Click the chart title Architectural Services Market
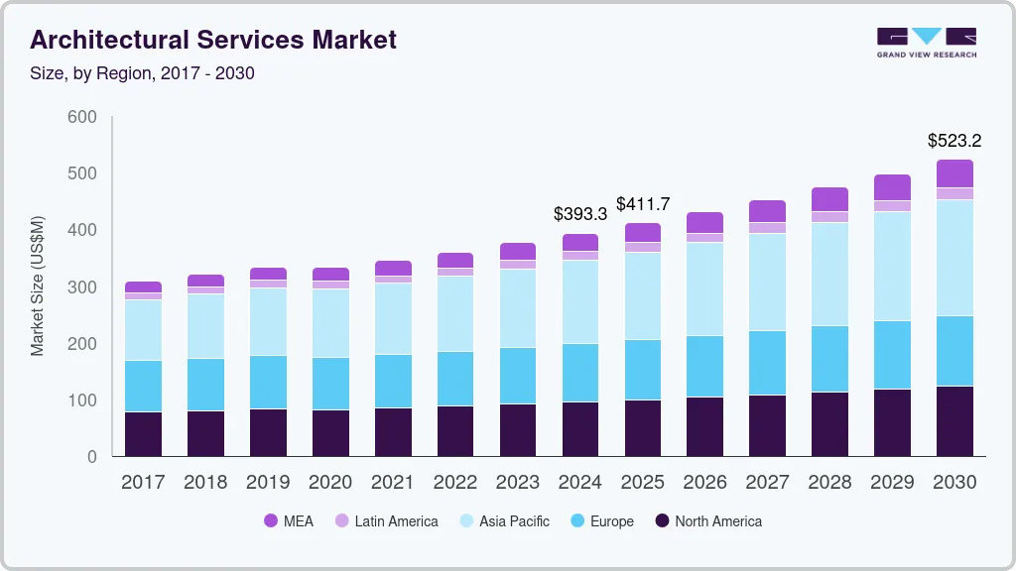point(213,40)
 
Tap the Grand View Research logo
point(927,42)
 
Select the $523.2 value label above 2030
point(954,140)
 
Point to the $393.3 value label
point(580,213)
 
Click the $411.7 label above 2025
point(643,204)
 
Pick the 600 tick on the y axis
point(82,117)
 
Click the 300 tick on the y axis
point(82,287)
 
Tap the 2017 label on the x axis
point(143,483)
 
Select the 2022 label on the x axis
point(455,483)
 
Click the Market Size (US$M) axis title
point(38,285)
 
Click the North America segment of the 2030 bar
point(954,421)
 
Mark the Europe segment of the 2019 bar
point(268,382)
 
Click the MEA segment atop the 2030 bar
point(954,173)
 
